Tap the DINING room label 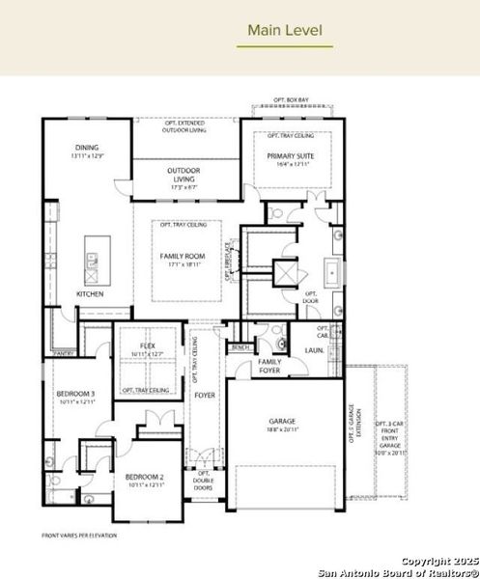pyautogui.click(x=89, y=147)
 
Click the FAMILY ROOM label pyautogui.click(x=184, y=256)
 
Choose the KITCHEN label pyautogui.click(x=90, y=293)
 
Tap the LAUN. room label pyautogui.click(x=314, y=350)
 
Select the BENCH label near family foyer pyautogui.click(x=240, y=346)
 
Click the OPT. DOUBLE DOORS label pyautogui.click(x=204, y=480)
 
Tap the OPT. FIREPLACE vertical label pyautogui.click(x=229, y=261)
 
